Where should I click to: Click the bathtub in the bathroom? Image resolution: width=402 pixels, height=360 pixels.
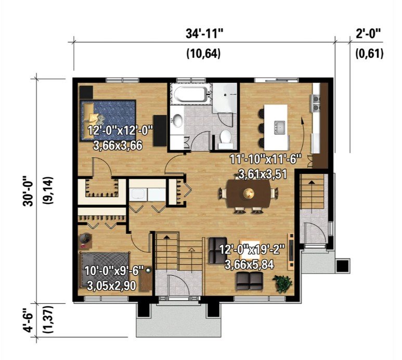click(190, 94)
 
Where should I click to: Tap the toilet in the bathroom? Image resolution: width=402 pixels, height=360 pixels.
click(226, 139)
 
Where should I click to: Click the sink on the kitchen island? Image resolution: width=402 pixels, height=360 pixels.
click(280, 127)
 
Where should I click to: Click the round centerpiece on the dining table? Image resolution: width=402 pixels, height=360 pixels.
click(249, 192)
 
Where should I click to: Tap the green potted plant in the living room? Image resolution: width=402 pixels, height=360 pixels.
click(283, 283)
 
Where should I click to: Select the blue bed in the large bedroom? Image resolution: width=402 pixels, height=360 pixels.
click(108, 120)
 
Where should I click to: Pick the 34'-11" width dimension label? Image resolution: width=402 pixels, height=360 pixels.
click(204, 34)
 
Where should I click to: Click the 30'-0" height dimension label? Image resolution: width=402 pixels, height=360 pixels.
click(29, 191)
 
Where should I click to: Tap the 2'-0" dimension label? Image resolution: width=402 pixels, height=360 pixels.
click(368, 34)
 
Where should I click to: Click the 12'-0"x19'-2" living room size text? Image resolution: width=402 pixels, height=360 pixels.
click(252, 250)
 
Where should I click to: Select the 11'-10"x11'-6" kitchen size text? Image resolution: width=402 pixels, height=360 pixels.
click(265, 160)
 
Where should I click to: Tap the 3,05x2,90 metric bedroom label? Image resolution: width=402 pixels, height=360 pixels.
click(111, 286)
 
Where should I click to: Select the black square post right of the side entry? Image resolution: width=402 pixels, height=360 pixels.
click(343, 266)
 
